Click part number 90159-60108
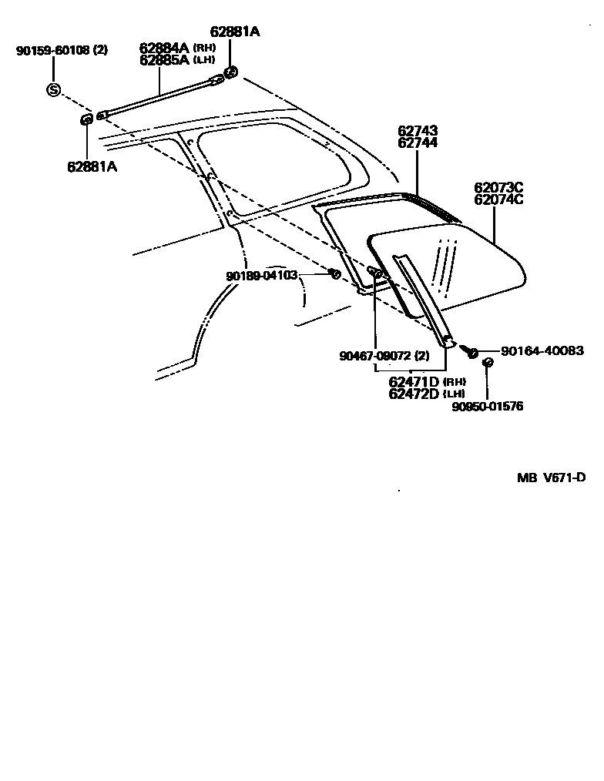[55, 51]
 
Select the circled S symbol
[53, 89]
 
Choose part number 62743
[418, 132]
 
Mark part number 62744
[418, 143]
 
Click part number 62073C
[498, 187]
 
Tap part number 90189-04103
[261, 275]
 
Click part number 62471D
[414, 382]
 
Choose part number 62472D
[414, 394]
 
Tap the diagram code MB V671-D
[551, 478]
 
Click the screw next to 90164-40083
[468, 350]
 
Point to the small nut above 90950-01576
[487, 363]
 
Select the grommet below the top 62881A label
[230, 72]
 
